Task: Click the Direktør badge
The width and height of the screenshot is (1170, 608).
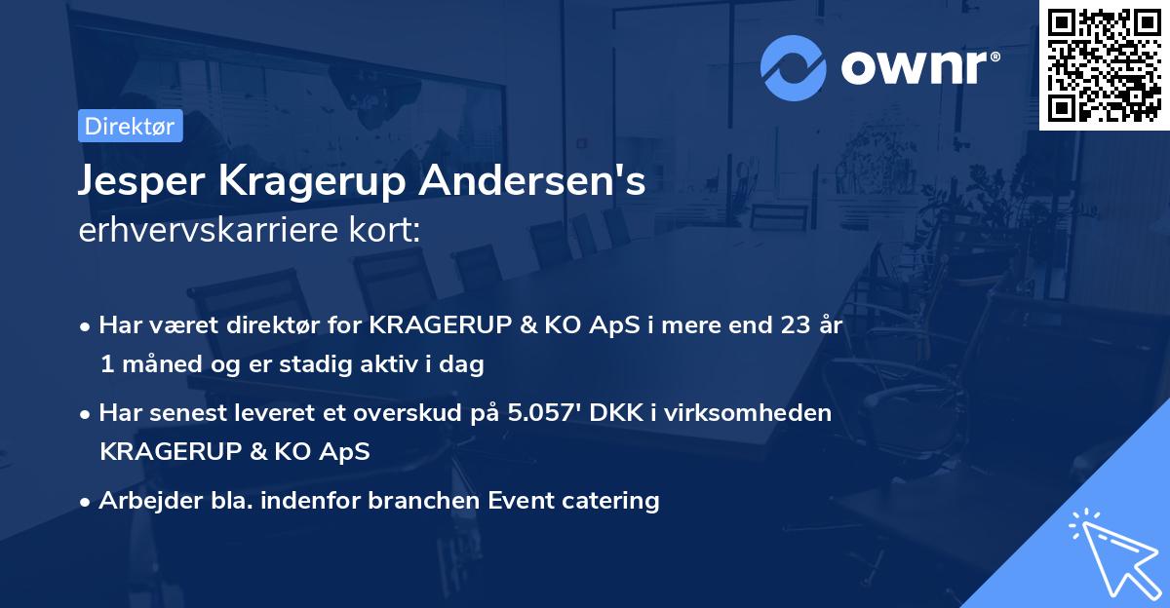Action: pyautogui.click(x=130, y=127)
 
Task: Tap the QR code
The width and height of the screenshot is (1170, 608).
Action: pyautogui.click(x=1105, y=65)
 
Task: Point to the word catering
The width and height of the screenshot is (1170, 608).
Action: pyautogui.click(x=611, y=501)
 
